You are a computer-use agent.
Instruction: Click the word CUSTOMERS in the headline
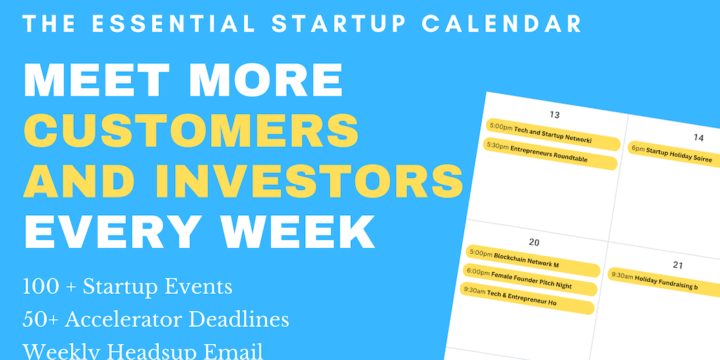pos(191,129)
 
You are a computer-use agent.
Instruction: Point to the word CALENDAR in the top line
pos(502,23)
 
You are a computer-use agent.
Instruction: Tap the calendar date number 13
pos(554,115)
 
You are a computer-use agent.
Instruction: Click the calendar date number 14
pos(698,137)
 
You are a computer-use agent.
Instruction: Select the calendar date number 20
pos(534,242)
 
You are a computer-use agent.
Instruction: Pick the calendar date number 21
pos(678,265)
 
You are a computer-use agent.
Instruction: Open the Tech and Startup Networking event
pos(553,135)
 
